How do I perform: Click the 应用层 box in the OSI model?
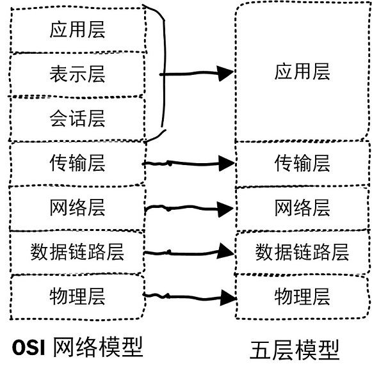[76, 30]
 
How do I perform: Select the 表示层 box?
[76, 75]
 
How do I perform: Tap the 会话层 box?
[76, 118]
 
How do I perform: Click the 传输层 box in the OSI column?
[76, 163]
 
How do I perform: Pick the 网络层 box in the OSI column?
[76, 208]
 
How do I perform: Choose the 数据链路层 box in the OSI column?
[76, 252]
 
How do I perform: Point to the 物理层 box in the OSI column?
[76, 296]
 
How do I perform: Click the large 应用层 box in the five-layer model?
[302, 72]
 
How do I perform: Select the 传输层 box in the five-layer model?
[302, 163]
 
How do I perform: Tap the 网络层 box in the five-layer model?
[302, 208]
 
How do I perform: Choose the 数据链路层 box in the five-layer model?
[302, 252]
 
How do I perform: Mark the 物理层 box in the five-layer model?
[302, 296]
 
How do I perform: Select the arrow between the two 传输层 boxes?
[189, 164]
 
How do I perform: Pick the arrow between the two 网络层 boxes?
[189, 209]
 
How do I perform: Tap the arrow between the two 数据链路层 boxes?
[189, 253]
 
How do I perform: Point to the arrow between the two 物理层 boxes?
[189, 296]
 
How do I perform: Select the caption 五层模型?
[294, 349]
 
